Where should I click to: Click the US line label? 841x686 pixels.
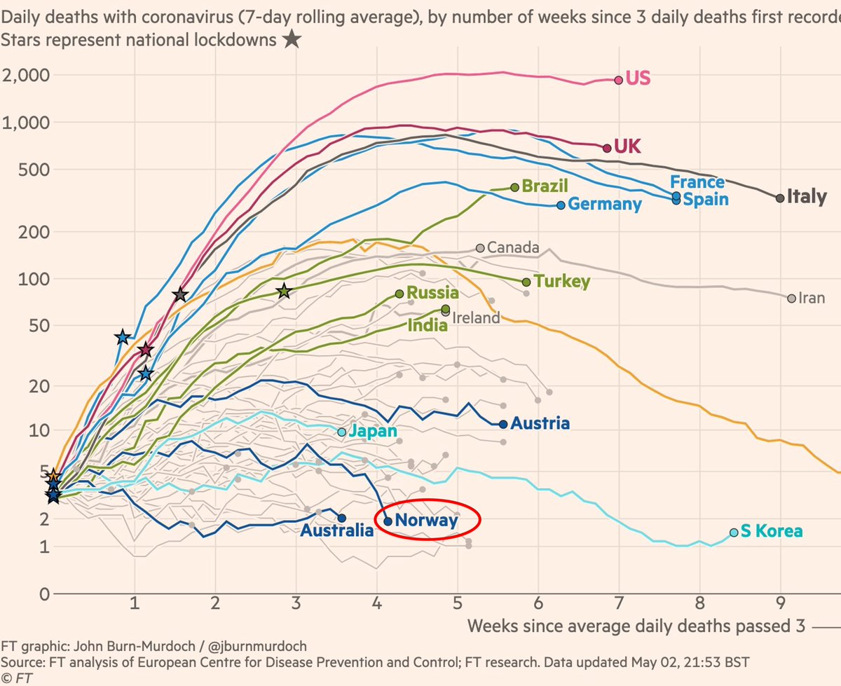[638, 78]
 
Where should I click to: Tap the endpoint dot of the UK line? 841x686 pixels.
[607, 147]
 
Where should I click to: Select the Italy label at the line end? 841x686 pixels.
[807, 197]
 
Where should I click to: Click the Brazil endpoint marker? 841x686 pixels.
[515, 187]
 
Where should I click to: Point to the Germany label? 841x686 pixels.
[604, 205]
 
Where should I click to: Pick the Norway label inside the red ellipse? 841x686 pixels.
[426, 521]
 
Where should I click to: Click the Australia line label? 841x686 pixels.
[337, 531]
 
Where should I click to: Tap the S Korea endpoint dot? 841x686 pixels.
[734, 533]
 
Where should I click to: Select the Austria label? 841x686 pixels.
[540, 424]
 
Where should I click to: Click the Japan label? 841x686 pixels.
[374, 432]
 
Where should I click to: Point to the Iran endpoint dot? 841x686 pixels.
[792, 299]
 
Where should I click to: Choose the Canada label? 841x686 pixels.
[512, 247]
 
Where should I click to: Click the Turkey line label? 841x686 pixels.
[561, 282]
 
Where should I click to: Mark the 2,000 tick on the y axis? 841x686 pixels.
[29, 75]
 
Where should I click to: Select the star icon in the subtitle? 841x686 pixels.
[292, 40]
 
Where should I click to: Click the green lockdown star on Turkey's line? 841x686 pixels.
[283, 291]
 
